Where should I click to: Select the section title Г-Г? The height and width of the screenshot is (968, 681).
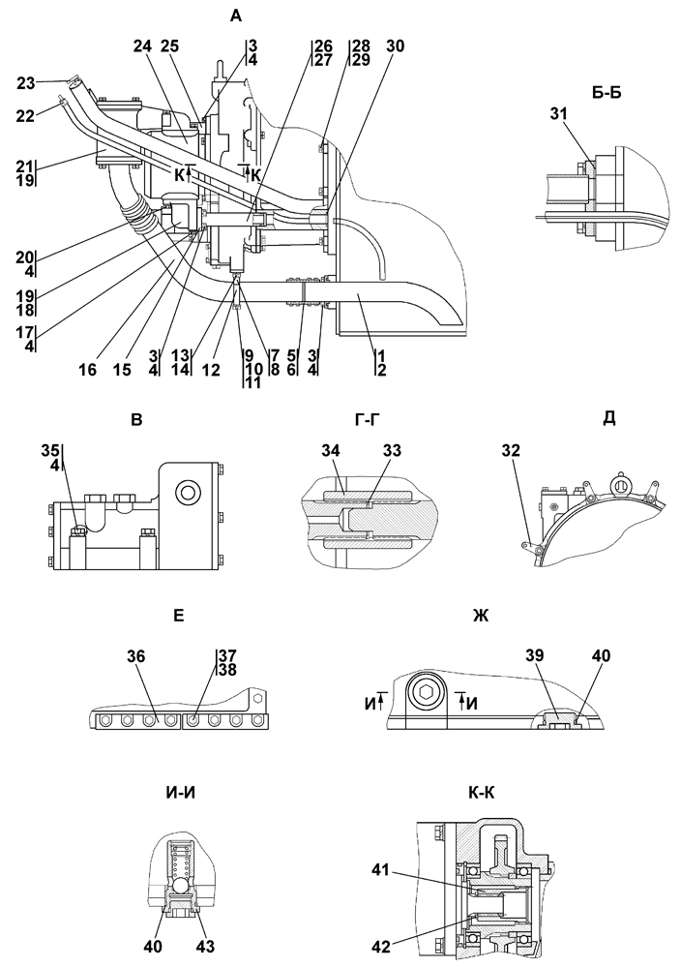(367, 420)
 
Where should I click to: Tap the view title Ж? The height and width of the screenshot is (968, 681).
(481, 616)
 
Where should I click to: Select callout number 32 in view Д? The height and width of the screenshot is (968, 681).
(510, 451)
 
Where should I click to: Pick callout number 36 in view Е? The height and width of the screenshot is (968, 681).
(136, 656)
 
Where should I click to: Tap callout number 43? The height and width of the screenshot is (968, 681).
(205, 946)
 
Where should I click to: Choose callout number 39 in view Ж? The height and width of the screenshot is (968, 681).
(535, 656)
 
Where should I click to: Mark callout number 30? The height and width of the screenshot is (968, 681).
(396, 46)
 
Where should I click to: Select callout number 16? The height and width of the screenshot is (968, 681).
(88, 370)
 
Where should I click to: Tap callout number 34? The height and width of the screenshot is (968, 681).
(331, 451)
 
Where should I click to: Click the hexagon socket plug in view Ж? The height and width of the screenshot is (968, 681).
(425, 693)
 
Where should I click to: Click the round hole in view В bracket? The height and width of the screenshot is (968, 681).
(187, 493)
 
